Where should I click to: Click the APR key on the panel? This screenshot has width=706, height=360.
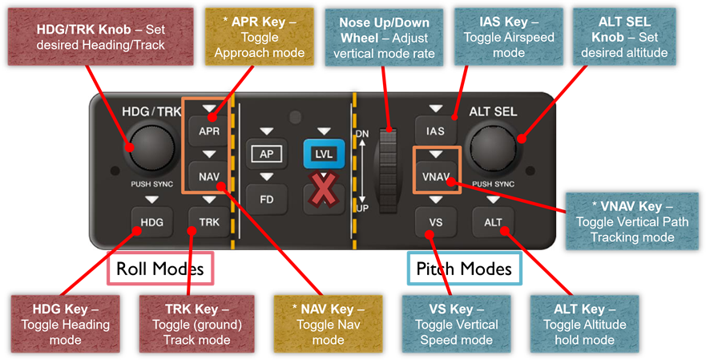pos(209,131)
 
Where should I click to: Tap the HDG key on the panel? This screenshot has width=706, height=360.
pos(151,221)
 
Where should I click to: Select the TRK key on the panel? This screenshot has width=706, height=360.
pos(209,221)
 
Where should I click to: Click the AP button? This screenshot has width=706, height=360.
pos(267,154)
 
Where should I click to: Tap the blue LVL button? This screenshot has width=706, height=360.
pos(324,154)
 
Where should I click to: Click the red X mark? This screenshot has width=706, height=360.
pos(323,189)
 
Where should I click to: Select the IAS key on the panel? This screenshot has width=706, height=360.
pos(435,131)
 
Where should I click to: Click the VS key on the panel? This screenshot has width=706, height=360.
pos(435,221)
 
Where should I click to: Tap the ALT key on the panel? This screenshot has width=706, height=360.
pos(493,221)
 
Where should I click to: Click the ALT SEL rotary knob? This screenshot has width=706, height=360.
pos(493,147)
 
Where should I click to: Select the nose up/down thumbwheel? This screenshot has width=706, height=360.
pos(388,170)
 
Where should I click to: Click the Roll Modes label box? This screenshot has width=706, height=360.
pos(159,269)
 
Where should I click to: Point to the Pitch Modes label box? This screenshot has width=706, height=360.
pos(464,269)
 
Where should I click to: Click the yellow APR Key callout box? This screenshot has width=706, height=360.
pos(260,37)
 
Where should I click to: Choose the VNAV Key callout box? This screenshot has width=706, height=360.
pos(632,221)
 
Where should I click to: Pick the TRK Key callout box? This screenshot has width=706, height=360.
pos(197,325)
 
